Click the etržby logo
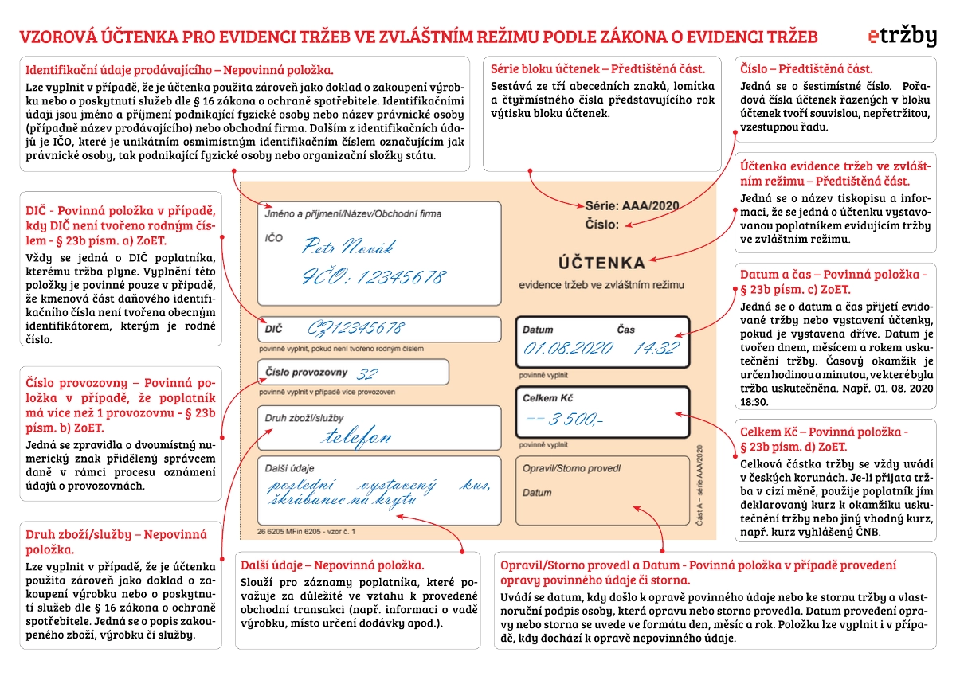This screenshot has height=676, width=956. pos(902,37)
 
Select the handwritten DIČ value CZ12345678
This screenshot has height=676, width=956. pos(356,328)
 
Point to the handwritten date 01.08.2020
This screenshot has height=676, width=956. pos(567,348)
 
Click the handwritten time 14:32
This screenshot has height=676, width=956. pos(655,348)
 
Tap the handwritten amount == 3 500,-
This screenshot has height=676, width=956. pos(565,419)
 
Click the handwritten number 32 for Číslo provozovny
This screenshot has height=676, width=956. pos(367,374)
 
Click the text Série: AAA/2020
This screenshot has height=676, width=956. pos(632,206)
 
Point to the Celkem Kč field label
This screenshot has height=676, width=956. pos(548,397)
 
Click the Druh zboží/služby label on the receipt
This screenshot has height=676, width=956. pos(298,418)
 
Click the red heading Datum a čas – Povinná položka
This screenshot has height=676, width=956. pos(833,274)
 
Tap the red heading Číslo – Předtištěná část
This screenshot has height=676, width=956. pos(806,68)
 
